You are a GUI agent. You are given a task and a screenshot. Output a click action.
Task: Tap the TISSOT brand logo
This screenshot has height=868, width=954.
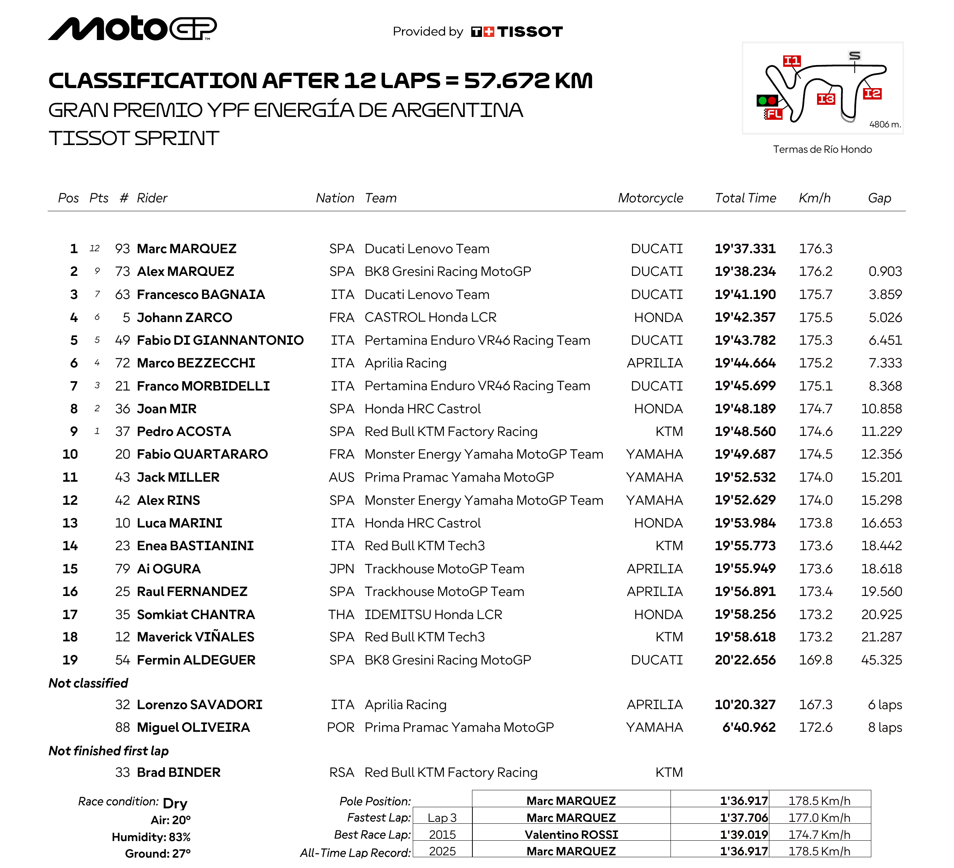tap(517, 32)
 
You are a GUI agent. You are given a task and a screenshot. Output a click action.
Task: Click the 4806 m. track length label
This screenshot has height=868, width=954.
tap(885, 125)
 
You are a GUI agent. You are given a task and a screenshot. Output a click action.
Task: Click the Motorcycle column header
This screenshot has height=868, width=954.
tap(650, 198)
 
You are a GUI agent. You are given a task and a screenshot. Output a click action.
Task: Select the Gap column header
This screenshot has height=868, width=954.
tap(879, 198)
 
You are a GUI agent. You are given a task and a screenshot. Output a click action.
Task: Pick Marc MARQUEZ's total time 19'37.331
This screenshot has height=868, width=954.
tap(745, 249)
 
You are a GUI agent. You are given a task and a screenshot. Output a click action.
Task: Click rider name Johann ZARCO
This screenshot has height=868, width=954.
tap(185, 317)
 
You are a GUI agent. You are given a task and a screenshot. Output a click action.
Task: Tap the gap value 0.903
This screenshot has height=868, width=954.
tap(885, 272)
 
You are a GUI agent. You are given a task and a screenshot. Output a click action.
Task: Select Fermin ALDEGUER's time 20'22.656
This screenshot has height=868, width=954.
tap(745, 660)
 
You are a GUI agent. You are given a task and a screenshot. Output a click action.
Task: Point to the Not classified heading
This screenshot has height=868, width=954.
tap(88, 683)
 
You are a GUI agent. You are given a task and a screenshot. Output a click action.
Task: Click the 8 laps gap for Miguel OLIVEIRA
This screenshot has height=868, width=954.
tap(885, 728)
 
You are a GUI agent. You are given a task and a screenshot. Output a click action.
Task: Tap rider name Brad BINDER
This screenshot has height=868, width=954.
tap(178, 773)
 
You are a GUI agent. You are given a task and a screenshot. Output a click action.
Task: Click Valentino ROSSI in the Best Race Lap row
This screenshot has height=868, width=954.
tap(571, 835)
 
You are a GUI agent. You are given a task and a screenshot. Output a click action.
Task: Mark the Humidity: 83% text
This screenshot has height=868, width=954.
tap(151, 837)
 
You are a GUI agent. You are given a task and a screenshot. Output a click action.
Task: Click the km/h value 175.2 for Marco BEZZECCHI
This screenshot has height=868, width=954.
tap(816, 363)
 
